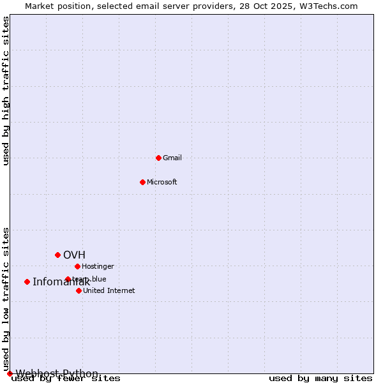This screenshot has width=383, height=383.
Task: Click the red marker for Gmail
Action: coord(158,158)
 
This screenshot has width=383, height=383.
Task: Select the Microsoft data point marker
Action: coord(142,182)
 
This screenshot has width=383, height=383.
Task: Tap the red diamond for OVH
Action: coord(57,255)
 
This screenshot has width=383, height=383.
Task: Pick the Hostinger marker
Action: coord(77,266)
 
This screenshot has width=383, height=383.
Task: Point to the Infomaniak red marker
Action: coord(27,282)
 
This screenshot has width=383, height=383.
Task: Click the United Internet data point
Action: coord(79,290)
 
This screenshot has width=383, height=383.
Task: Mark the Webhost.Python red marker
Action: coord(10,373)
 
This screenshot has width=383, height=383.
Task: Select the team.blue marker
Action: coord(68,279)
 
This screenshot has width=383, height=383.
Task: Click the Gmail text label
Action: coord(172,158)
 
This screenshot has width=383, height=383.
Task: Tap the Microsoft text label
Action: coord(162,182)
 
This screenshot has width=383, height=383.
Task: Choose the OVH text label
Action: coord(74,255)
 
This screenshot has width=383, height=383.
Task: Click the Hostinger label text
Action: coord(98,266)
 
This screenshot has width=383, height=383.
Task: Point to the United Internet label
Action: coord(109,290)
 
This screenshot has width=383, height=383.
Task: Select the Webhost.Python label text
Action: coord(57,373)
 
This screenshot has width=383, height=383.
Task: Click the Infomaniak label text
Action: coord(61,282)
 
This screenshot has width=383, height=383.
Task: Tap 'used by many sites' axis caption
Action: coord(320,379)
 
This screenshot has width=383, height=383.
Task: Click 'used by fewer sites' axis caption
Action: coord(66,379)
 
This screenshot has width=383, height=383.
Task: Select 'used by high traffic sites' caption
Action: coord(6,91)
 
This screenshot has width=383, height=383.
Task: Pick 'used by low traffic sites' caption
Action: coord(6,299)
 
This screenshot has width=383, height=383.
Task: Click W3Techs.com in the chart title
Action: coord(331,6)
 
